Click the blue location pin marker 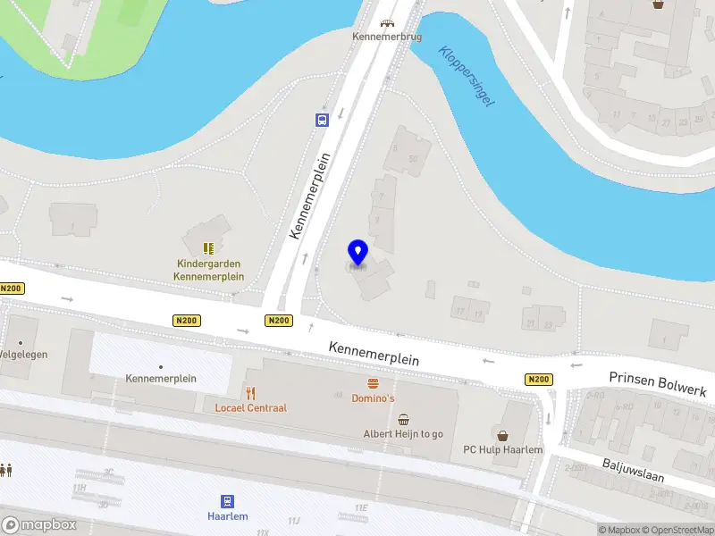358,253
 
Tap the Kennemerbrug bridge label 386,38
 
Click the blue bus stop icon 321,120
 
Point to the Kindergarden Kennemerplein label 209,271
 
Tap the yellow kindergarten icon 209,248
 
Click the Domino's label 374,398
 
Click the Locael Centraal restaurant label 251,408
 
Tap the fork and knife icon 251,393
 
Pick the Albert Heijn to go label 403,434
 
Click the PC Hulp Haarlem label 502,450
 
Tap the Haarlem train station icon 228,502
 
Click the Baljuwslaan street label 633,470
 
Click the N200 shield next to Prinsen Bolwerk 538,380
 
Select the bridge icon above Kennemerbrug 386,24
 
